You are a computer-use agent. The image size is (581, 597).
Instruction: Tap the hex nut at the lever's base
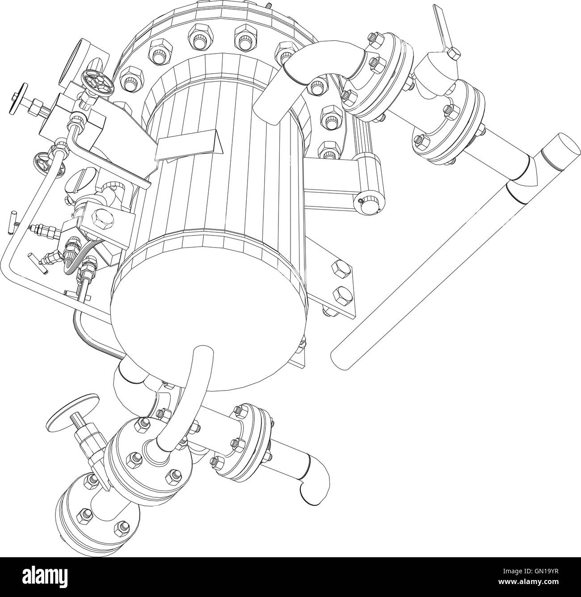[453, 53]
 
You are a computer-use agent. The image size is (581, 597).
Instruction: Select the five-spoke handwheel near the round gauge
[97, 84]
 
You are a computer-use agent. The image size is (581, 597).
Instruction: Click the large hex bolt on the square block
[99, 219]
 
